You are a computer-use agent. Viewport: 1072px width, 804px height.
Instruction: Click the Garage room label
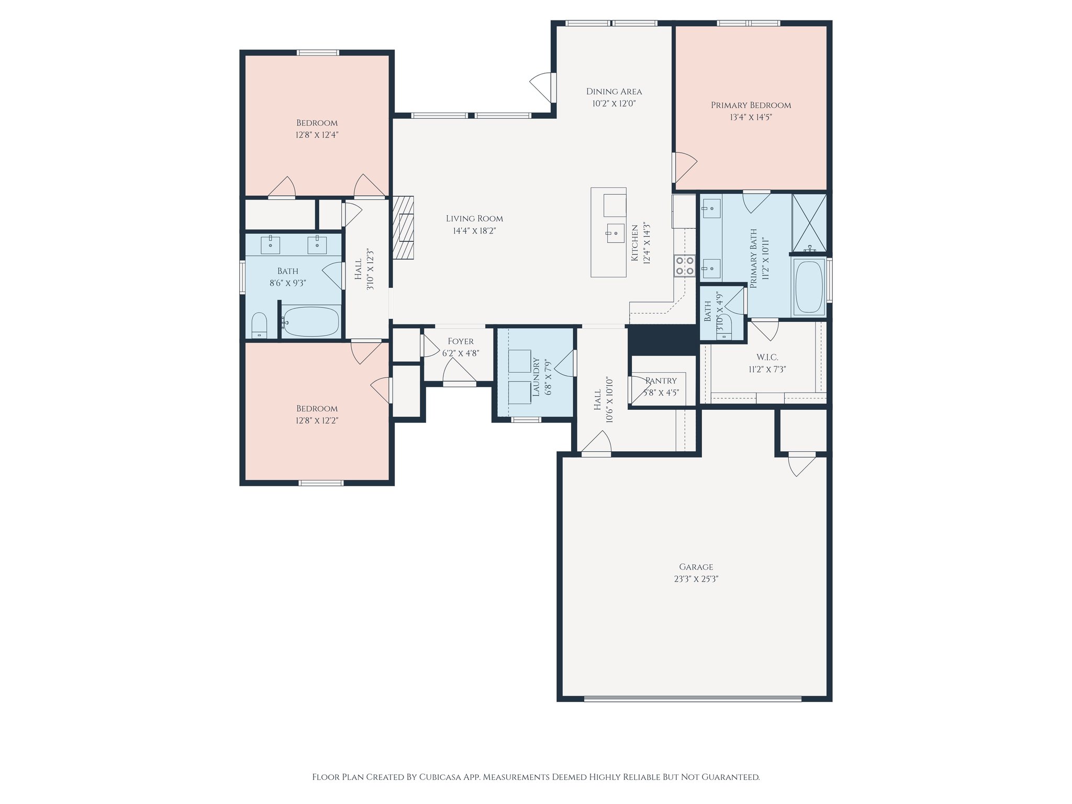696,566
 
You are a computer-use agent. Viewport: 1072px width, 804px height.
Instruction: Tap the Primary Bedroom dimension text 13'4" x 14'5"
751,117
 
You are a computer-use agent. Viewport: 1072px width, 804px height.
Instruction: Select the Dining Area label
613,91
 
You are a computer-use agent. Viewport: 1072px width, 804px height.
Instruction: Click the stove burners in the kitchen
684,265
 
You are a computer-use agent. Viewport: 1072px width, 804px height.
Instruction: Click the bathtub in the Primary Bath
809,287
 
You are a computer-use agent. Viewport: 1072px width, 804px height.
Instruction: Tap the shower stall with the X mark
809,222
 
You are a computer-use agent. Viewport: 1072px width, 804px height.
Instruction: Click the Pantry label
661,381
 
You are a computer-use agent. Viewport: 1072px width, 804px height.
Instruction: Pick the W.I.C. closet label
767,357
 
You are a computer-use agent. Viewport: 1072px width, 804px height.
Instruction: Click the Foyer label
461,341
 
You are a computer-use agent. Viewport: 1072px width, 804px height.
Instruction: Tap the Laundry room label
535,377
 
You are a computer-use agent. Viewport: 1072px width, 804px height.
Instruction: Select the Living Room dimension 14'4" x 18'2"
474,231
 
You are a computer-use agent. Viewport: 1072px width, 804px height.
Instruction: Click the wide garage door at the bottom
692,698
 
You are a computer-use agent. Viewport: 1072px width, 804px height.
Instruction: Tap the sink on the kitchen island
616,233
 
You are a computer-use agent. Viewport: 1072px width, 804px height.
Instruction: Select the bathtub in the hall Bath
311,321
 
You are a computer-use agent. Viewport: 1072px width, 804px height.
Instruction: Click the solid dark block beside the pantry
663,339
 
